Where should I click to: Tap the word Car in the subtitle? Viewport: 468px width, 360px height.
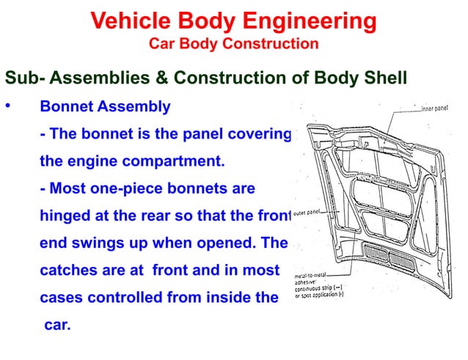coord(161,44)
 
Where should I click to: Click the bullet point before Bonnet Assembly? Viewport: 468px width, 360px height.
coord(8,107)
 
